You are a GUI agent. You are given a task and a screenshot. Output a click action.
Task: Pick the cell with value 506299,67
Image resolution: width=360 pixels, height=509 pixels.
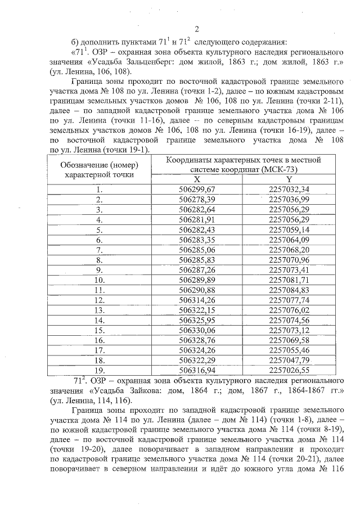click(197, 189)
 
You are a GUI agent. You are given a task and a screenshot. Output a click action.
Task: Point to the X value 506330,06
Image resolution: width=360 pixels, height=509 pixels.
click(197, 330)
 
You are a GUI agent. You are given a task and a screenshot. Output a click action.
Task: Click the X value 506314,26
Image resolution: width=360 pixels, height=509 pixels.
click(197, 300)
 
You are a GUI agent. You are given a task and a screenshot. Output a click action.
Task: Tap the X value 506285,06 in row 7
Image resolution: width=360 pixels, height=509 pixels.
click(197, 249)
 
